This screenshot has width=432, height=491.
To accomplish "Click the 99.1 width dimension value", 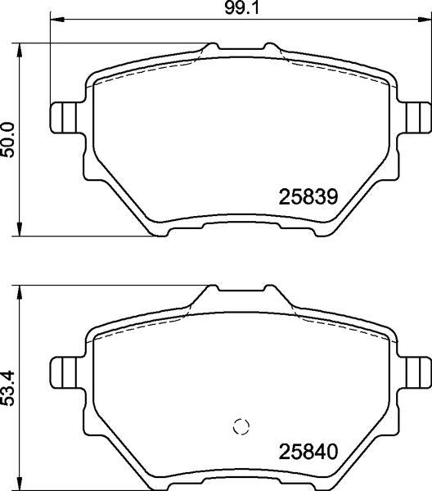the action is point(242,8).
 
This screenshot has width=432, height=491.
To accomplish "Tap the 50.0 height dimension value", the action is point(8,140).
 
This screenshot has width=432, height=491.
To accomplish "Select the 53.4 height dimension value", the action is point(8,388).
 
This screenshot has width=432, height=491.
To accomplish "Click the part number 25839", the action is point(308,197).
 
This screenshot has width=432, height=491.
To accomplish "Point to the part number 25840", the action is point(308,452).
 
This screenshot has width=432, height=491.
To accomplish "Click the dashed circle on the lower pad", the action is point(241,426).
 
